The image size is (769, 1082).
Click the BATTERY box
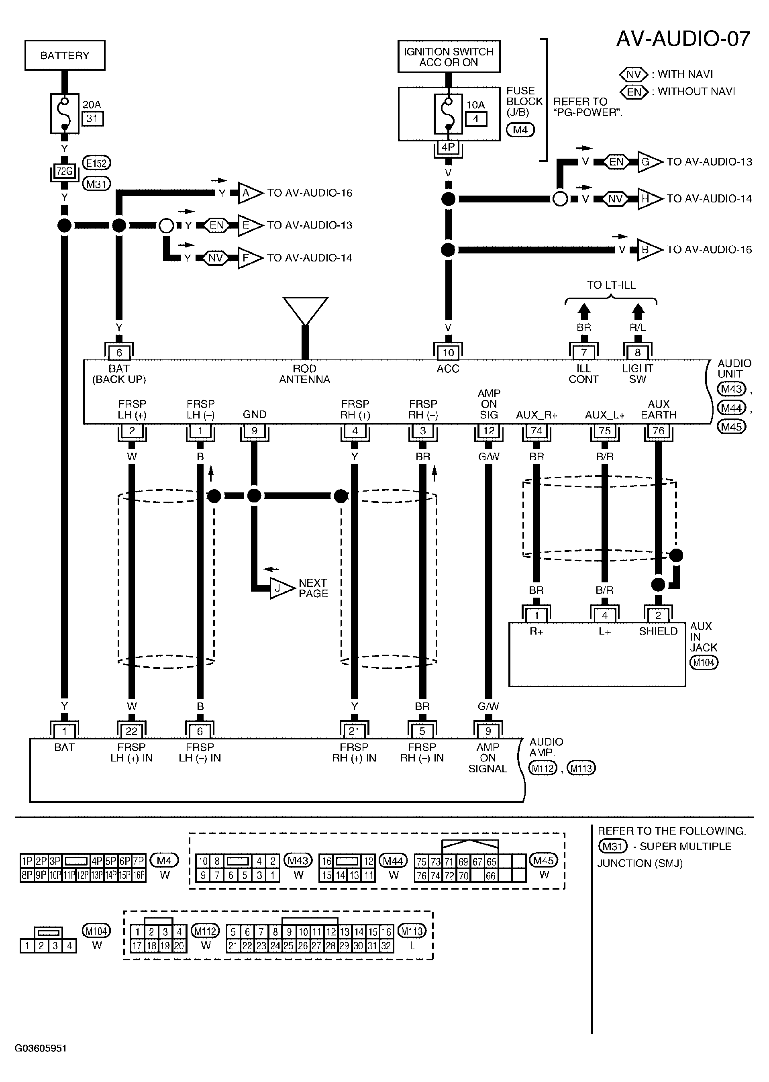65,55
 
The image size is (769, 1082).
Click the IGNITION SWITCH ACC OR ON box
449,56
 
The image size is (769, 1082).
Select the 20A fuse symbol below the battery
64,114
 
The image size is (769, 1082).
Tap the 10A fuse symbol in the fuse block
448,114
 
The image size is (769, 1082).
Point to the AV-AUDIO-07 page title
683,39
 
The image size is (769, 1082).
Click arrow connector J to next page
283,588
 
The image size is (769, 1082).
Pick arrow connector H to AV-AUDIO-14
650,198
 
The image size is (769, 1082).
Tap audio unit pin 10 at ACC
448,352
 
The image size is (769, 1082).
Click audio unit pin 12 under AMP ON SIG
489,431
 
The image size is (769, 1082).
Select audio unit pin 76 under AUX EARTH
658,431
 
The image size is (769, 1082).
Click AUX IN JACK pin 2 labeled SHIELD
658,614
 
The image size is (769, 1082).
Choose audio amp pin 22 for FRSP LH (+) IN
132,731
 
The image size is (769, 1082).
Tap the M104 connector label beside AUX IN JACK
704,662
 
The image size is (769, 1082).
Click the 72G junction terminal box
64,171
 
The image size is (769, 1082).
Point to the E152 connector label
97,163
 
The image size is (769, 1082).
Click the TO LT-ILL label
611,285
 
